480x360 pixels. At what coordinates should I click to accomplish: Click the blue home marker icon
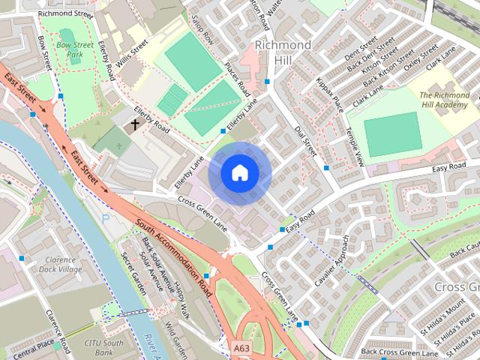coord(239,173)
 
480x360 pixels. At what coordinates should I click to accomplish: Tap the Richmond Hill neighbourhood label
coord(283,52)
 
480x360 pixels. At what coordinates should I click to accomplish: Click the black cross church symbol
coord(136,125)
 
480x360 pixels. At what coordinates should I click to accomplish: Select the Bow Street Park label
coord(73,49)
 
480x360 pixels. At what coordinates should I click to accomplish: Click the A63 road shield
coord(241,348)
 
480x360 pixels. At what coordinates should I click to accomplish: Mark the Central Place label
coord(34,346)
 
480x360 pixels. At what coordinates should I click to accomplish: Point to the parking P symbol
coord(105,217)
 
